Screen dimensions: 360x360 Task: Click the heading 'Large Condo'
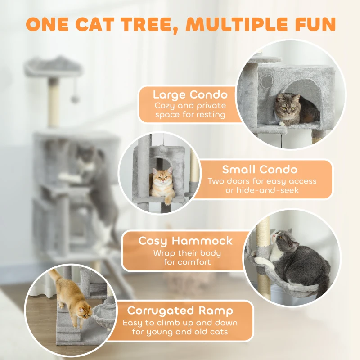click(190, 94)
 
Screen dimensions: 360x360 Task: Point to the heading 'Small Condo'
click(260, 170)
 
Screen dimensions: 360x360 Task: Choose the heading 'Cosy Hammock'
click(185, 241)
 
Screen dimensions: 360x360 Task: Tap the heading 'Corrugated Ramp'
click(180, 311)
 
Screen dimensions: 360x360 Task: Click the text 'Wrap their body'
click(187, 253)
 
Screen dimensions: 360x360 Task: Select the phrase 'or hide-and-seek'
click(262, 190)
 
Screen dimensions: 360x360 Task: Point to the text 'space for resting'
click(190, 115)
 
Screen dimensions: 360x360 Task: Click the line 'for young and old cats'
click(180, 332)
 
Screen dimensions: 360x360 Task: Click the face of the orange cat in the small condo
click(162, 177)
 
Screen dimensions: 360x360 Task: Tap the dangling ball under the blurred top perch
click(75, 99)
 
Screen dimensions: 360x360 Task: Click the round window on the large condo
click(267, 81)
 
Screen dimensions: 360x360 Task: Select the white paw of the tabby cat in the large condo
click(282, 124)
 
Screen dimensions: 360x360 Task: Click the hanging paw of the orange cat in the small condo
click(168, 201)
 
